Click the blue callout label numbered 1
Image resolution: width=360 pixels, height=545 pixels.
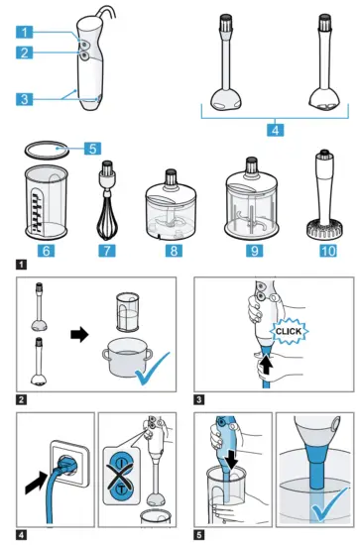[25, 32]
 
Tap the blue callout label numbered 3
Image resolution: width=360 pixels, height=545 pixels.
[25, 99]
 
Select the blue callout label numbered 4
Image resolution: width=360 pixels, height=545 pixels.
[276, 131]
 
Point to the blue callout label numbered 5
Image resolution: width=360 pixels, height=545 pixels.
[92, 149]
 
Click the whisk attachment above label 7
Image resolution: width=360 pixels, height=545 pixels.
[107, 200]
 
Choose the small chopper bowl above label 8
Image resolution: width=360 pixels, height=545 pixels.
[171, 205]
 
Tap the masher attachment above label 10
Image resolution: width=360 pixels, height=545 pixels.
[324, 194]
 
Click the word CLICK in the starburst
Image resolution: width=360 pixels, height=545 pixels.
[289, 331]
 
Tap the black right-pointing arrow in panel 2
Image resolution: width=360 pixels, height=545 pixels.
[79, 335]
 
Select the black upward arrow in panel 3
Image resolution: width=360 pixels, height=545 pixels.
[266, 364]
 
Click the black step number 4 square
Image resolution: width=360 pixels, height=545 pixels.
[21, 534]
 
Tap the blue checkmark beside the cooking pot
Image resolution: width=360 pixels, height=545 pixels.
[153, 370]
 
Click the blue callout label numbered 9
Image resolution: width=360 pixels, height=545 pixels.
[254, 251]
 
